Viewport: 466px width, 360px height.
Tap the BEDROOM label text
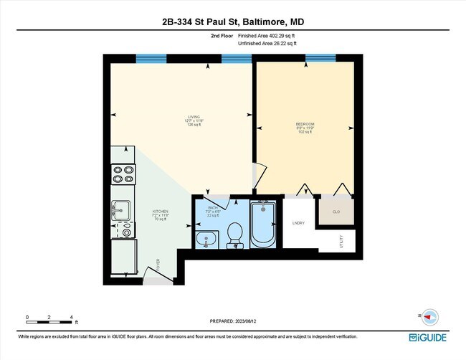tap(305, 124)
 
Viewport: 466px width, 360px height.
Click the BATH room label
tap(212, 208)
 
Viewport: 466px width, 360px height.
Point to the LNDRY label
tap(298, 223)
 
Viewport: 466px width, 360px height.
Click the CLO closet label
tap(336, 212)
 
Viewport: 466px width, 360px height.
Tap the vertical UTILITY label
tap(341, 240)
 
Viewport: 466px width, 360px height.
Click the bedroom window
tap(325, 58)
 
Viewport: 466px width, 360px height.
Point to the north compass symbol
tap(429, 316)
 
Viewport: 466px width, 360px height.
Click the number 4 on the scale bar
tap(72, 316)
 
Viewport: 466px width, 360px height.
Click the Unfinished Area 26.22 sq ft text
tap(266, 43)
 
